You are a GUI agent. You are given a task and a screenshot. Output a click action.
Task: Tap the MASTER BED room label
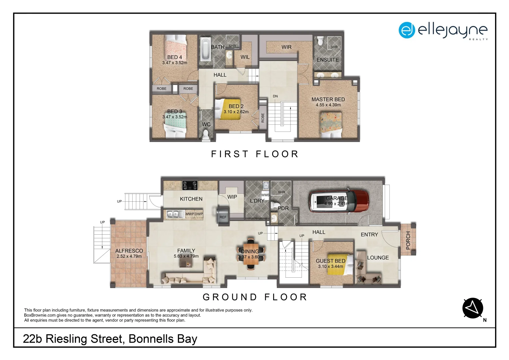328,99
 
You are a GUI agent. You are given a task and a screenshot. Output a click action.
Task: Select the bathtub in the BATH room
205,49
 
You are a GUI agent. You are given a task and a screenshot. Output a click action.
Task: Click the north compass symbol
473,308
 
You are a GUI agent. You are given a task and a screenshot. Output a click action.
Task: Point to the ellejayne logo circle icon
406,30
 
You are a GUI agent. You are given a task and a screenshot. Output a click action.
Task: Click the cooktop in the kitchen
190,185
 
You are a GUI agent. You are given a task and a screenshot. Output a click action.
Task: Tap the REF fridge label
223,217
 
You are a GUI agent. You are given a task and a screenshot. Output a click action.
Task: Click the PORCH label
408,240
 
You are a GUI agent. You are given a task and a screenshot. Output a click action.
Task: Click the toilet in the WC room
206,134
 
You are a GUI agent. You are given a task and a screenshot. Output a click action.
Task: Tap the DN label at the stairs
275,96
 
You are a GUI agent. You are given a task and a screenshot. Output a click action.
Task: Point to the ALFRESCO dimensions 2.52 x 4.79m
129,256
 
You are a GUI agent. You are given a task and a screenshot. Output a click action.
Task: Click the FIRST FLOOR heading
255,154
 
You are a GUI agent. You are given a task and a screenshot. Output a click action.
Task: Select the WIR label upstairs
286,47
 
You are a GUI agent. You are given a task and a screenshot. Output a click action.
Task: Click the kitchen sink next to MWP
173,214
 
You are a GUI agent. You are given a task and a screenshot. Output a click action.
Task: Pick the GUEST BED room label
330,261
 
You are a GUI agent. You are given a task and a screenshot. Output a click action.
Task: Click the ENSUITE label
327,60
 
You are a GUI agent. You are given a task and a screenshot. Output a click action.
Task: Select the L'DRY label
257,201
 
